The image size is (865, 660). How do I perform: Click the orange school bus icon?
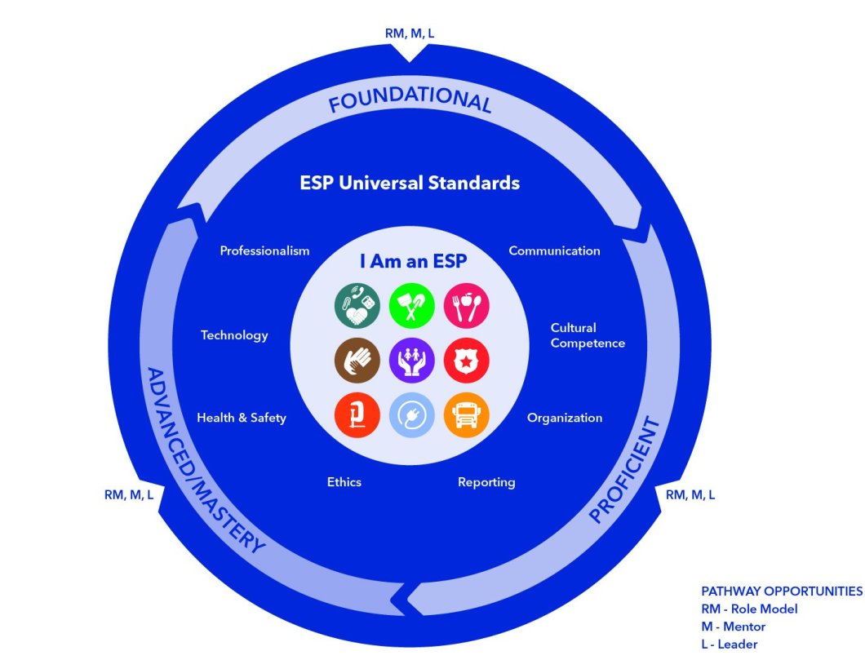[x=462, y=415]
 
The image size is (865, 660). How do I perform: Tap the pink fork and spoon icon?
[x=462, y=306]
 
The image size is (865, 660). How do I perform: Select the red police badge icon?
[x=462, y=361]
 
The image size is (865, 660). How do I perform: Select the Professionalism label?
[x=264, y=251]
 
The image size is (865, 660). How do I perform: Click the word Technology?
[x=234, y=335]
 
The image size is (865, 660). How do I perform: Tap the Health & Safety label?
[x=242, y=418]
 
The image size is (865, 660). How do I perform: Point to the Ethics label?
[x=344, y=482]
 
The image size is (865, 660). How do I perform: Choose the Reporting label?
[x=486, y=482]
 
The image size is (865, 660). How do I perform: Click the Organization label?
[x=565, y=418]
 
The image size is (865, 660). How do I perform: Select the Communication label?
[x=554, y=251]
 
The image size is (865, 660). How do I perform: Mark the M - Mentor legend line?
[x=733, y=627]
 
